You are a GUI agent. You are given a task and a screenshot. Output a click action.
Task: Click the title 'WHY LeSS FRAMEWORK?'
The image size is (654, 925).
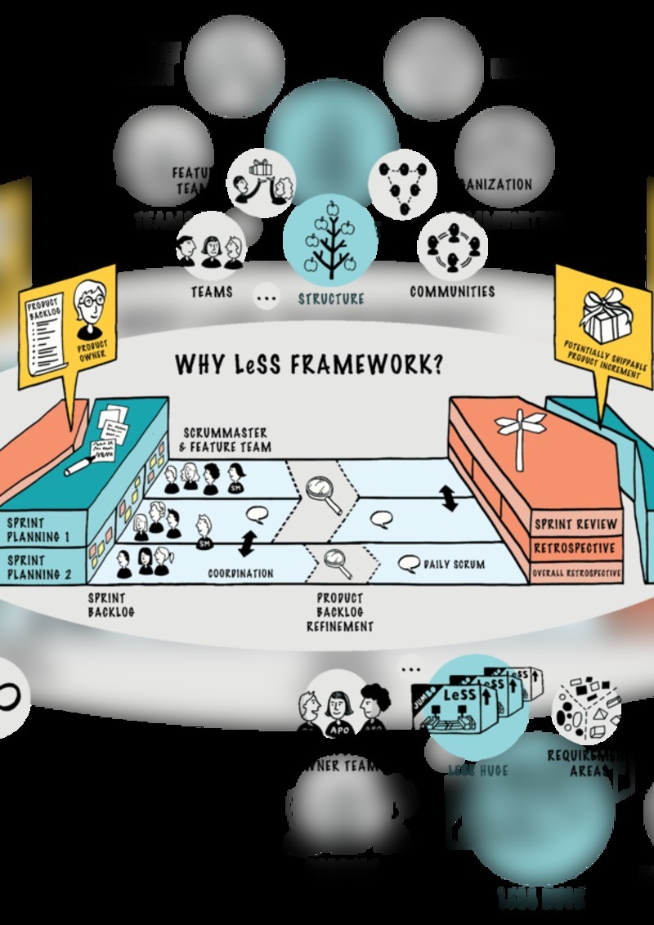pos(308,364)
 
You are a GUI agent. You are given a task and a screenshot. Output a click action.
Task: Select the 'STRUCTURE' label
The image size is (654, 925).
pos(331,298)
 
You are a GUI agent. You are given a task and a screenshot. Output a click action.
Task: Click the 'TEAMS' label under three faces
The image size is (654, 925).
pos(211,291)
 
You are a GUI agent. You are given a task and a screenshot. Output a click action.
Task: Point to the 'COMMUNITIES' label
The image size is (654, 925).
pos(452,291)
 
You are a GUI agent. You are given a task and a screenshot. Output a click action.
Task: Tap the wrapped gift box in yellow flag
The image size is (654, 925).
pos(604,313)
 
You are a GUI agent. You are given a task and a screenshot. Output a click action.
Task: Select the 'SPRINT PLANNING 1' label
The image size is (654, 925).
pos(39,530)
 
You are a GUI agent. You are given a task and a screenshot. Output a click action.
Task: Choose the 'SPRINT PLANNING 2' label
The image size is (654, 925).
pos(39,568)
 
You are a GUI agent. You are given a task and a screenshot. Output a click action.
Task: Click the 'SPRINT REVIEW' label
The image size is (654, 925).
pos(576,524)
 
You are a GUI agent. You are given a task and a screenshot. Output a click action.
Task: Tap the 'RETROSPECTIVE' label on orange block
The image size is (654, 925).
pos(576,547)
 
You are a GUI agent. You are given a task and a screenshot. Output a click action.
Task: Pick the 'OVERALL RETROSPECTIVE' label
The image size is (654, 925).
pos(576,574)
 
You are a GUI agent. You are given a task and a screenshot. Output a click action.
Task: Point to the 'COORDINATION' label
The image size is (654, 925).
pos(240,574)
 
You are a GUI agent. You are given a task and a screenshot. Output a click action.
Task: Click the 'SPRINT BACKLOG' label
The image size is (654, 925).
pos(113,605)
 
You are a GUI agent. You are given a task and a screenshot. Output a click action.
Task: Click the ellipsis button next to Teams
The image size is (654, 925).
pos(267,297)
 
